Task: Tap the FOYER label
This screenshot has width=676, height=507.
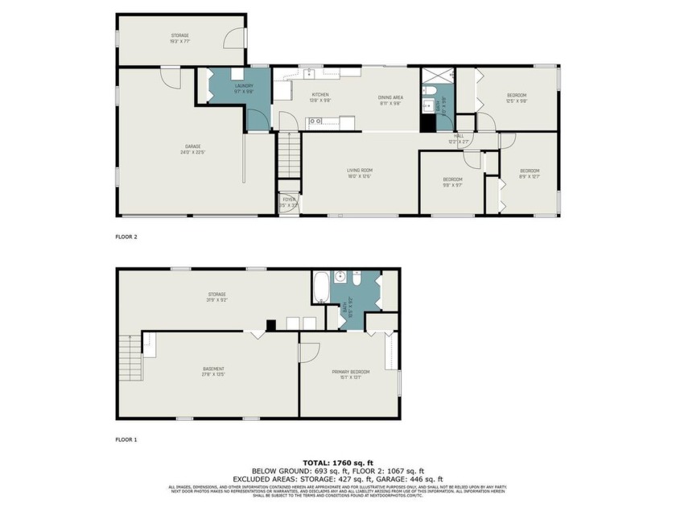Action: pyautogui.click(x=288, y=201)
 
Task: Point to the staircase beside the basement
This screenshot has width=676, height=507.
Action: pyautogui.click(x=130, y=360)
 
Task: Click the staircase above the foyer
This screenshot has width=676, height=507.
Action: pyautogui.click(x=289, y=155)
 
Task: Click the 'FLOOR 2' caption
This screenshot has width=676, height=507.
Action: pyautogui.click(x=127, y=237)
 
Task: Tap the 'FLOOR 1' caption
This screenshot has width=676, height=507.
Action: pyautogui.click(x=127, y=440)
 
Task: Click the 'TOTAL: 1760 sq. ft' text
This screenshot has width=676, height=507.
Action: pyautogui.click(x=338, y=463)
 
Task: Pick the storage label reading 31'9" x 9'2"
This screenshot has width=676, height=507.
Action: pyautogui.click(x=215, y=297)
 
